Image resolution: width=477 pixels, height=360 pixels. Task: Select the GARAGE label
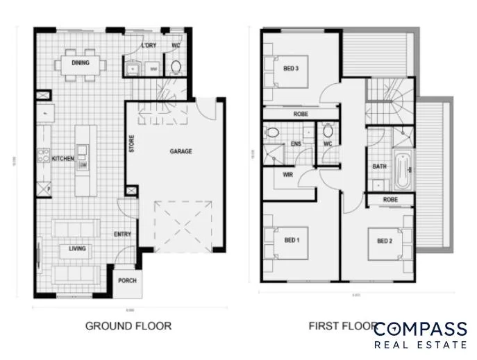[x=181, y=151]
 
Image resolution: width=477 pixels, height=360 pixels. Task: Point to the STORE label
[x=132, y=144]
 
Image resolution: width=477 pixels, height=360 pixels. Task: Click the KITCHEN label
[x=62, y=159]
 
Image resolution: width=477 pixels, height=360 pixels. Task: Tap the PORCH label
[x=127, y=281]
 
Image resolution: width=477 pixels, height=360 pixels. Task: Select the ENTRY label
[x=122, y=234]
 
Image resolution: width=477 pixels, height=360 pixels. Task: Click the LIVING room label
[x=76, y=248]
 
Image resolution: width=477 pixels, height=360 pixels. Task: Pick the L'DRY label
[x=148, y=46]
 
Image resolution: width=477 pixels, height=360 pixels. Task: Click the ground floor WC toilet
[x=176, y=67]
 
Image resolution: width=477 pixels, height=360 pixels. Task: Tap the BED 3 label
[x=291, y=69]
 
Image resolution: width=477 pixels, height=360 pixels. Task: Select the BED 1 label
[x=292, y=241]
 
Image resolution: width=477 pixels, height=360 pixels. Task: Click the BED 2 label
[x=385, y=241]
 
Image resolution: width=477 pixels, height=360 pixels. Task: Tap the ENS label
[x=295, y=144]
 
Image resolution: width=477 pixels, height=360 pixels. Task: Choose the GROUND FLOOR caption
[x=128, y=325]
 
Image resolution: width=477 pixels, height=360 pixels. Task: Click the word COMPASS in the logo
[x=419, y=328]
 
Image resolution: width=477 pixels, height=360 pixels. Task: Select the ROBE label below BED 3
[x=301, y=114]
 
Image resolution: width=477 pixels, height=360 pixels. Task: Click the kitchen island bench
[x=85, y=160]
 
